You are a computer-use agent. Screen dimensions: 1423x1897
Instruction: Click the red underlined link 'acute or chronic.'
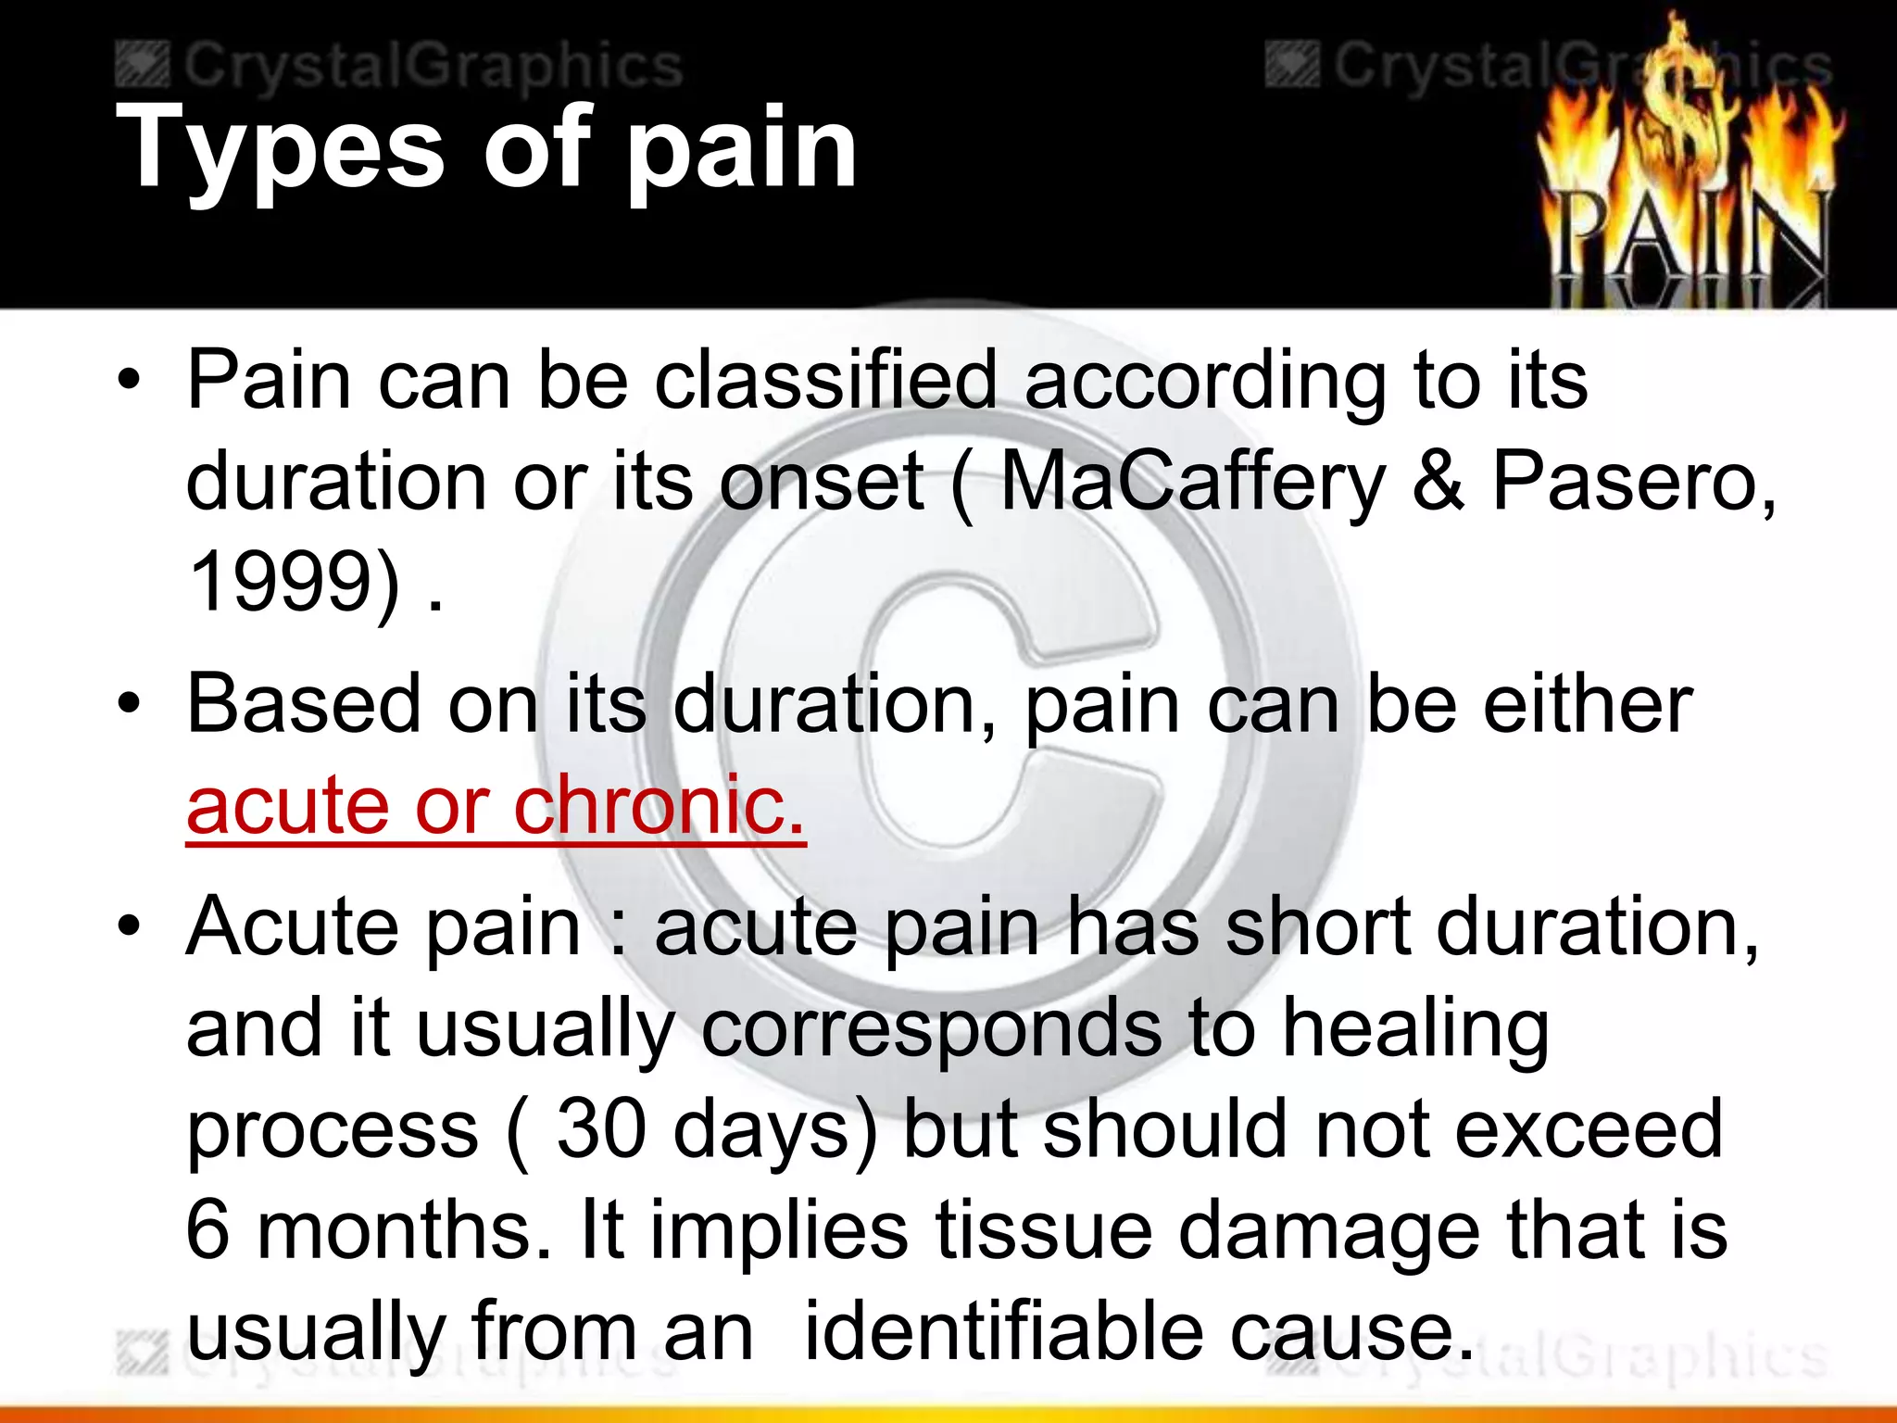[496, 804]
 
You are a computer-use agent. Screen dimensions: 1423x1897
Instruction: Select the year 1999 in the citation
[279, 582]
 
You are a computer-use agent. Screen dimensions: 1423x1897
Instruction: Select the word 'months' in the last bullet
[404, 1230]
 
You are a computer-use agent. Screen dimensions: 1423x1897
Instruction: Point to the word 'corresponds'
[931, 1030]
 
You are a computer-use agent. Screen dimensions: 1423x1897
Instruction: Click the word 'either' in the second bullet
[1588, 704]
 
